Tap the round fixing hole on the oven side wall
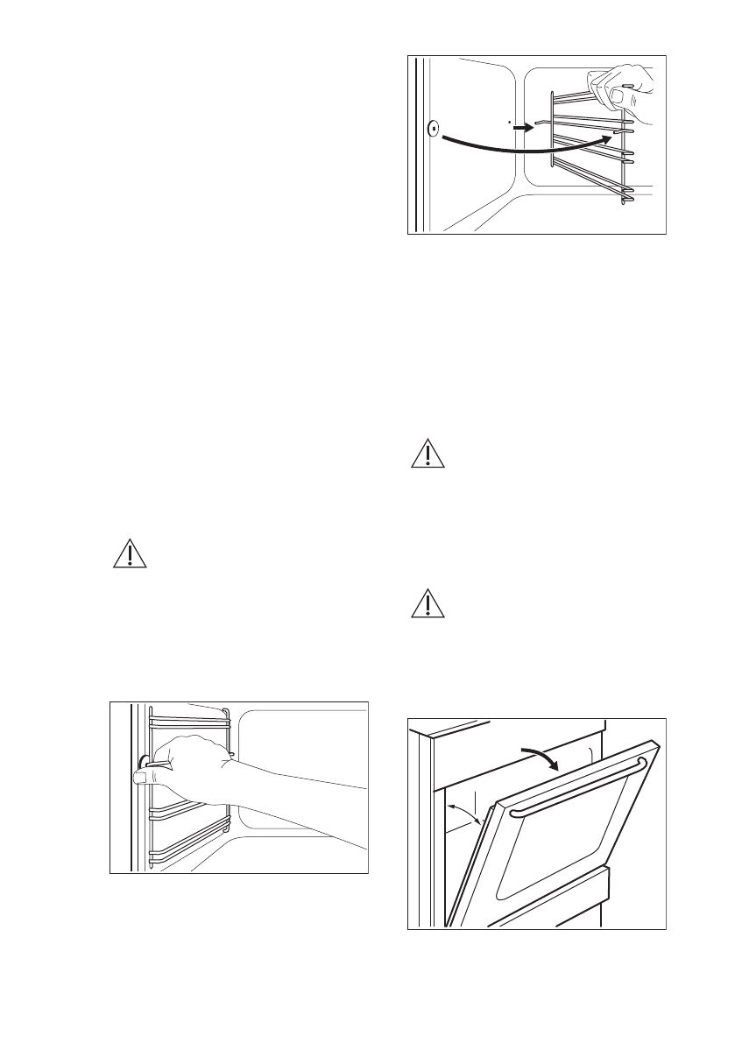click(x=433, y=130)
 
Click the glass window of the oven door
click(x=561, y=841)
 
